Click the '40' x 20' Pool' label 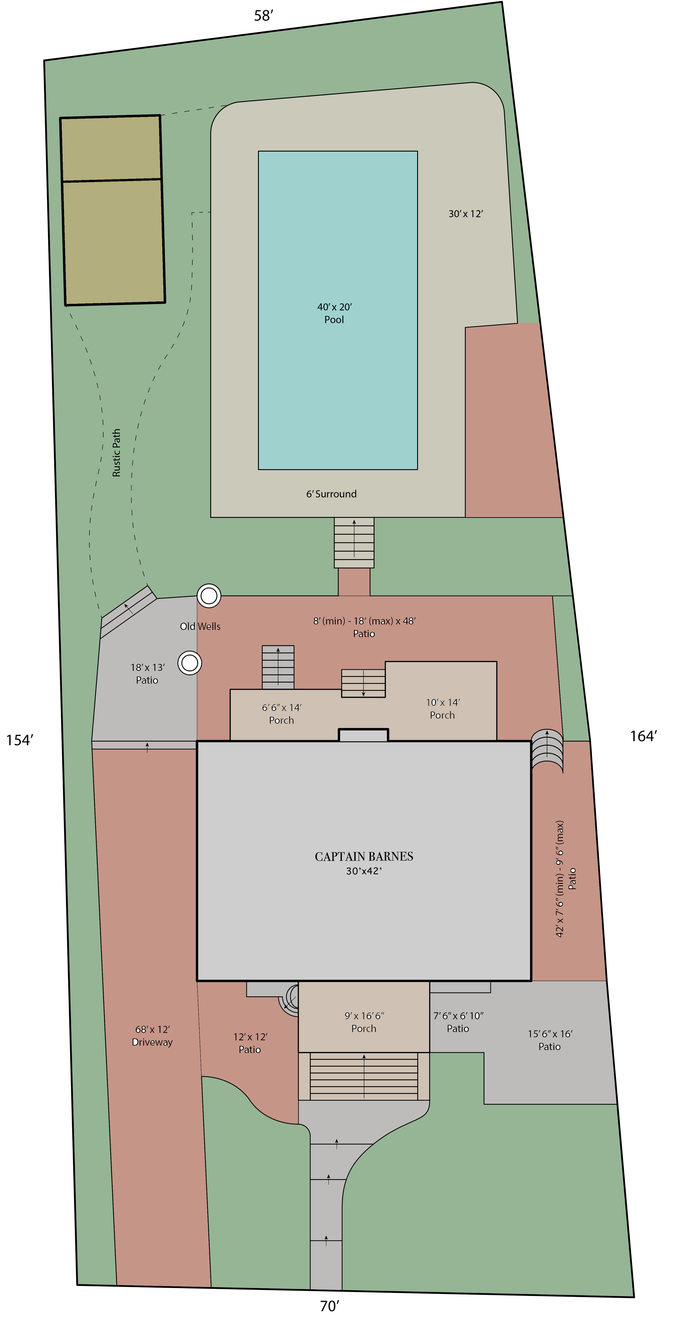click(335, 313)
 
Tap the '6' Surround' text click(331, 494)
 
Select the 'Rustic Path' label click(117, 453)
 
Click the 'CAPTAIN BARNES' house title click(364, 857)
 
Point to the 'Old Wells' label click(200, 626)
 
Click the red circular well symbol click(209, 596)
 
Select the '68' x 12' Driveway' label click(152, 1036)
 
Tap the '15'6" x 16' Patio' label click(550, 1040)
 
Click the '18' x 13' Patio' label click(147, 673)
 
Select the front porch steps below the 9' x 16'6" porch click(364, 1076)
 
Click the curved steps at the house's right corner click(547, 751)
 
